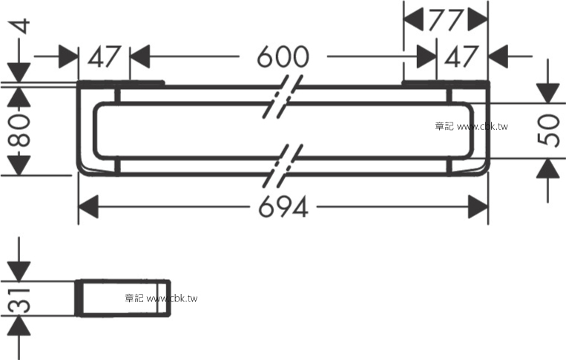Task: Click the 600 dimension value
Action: (x=283, y=56)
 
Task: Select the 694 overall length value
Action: (x=283, y=206)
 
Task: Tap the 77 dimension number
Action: (x=445, y=20)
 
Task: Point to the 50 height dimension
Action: (x=548, y=130)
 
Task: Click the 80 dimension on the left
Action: (x=19, y=130)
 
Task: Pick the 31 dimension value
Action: (x=19, y=301)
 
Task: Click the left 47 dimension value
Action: (x=104, y=56)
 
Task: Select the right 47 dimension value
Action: (x=461, y=56)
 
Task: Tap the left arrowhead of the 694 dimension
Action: (x=88, y=206)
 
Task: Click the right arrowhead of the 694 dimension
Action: (x=478, y=206)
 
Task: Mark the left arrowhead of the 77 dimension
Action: (x=413, y=20)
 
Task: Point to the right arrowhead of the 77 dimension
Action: (x=478, y=20)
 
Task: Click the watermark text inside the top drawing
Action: (x=472, y=126)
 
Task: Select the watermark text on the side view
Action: (x=161, y=298)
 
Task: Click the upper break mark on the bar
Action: (x=283, y=96)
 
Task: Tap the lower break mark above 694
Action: (x=283, y=166)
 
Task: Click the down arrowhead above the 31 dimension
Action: (x=19, y=272)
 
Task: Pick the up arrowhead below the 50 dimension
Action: (x=548, y=168)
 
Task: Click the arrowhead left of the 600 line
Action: (x=139, y=56)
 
